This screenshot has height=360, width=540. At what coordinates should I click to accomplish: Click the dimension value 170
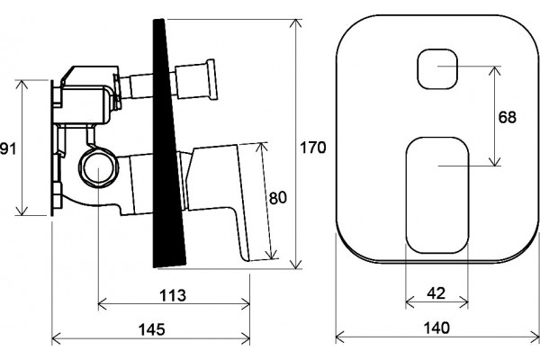[x=312, y=148]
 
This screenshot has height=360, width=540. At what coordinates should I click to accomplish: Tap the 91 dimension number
[x=7, y=149]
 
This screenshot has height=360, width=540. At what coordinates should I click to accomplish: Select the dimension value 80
[x=277, y=198]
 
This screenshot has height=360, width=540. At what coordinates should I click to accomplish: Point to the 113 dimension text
[x=173, y=295]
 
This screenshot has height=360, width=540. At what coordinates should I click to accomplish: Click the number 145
[x=151, y=329]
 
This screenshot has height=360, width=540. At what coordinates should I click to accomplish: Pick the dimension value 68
[x=508, y=117]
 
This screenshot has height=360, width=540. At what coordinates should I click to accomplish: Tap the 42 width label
[x=436, y=293]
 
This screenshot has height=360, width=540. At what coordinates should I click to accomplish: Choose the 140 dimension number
[x=436, y=328]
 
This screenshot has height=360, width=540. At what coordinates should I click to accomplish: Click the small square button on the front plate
[x=437, y=69]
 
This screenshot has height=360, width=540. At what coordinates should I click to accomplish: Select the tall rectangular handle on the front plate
[x=437, y=195]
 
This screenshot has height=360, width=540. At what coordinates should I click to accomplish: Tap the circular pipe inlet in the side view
[x=98, y=167]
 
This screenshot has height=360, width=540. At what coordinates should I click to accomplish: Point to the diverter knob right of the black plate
[x=196, y=79]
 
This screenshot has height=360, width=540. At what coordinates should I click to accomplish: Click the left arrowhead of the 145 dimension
[x=56, y=338]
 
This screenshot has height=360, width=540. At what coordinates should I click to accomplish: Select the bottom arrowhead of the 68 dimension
[x=495, y=162]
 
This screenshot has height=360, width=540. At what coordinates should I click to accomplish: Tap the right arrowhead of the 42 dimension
[x=464, y=302]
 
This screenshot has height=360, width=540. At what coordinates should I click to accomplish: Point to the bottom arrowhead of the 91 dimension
[x=22, y=211]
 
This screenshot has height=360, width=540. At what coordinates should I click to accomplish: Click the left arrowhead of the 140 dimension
[x=340, y=337]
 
